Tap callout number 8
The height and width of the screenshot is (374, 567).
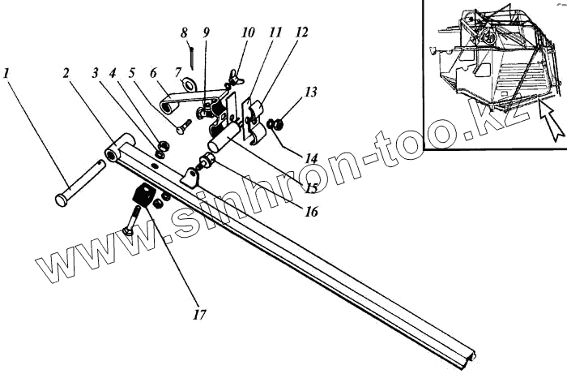tap(184, 33)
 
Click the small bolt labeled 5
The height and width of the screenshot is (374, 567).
tap(182, 127)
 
